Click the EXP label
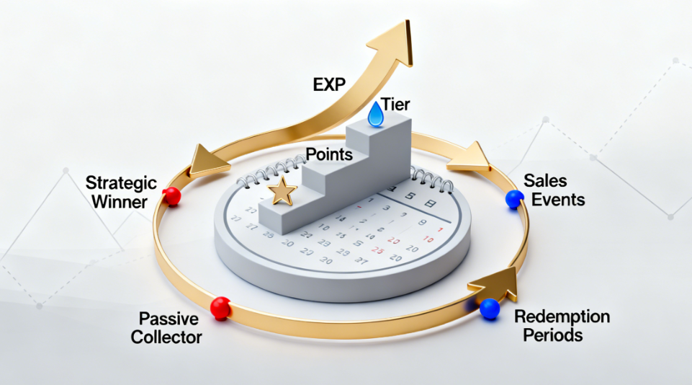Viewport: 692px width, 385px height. (330, 84)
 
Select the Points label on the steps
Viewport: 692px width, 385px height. (329, 154)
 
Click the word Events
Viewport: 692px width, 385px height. (559, 199)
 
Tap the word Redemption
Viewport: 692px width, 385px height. (562, 317)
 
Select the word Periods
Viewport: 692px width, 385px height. (553, 335)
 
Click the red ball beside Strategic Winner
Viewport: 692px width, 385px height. (172, 195)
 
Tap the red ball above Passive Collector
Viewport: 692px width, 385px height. (220, 308)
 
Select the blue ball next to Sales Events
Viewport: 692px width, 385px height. (514, 200)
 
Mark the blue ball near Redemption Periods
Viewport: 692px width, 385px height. (490, 308)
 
